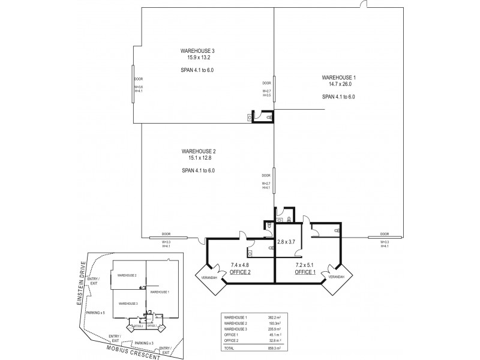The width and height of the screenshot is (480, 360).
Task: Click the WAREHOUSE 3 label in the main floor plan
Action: point(197,51)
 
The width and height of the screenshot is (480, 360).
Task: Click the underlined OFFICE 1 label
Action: point(306,272)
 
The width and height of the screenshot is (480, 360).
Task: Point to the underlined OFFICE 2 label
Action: point(241,272)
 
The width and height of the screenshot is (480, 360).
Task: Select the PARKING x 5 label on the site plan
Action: point(95,313)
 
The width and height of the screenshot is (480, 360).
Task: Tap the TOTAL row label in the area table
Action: point(230,347)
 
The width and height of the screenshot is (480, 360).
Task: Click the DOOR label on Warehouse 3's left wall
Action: point(139,79)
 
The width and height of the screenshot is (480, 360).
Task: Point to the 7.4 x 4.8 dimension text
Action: point(241,265)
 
